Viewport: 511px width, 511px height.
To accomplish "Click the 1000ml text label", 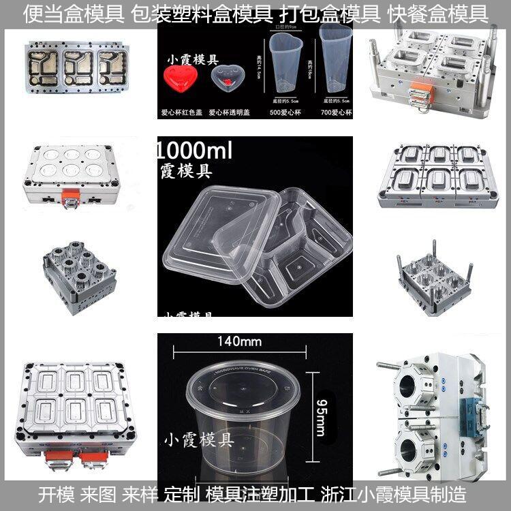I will (194, 150).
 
